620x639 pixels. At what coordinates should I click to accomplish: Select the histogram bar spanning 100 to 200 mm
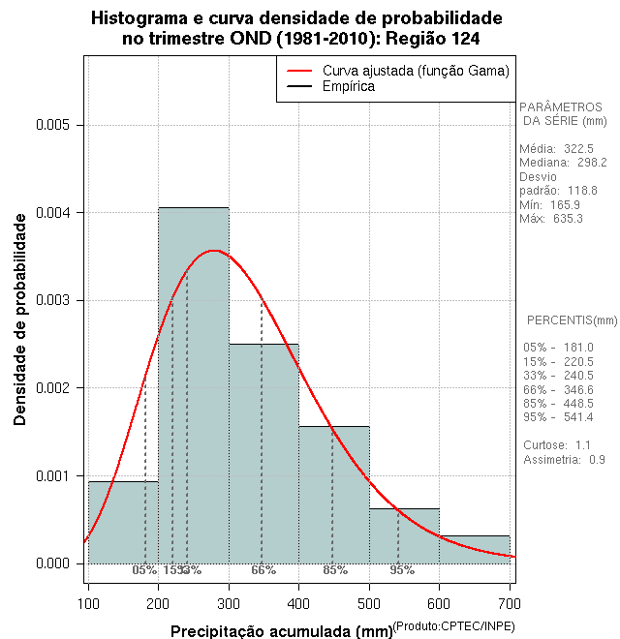[x=123, y=523]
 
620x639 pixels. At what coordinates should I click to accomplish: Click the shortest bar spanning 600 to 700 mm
[x=475, y=549]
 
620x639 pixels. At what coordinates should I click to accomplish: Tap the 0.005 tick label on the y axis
[x=52, y=125]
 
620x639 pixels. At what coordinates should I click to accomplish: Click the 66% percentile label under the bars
[x=263, y=570]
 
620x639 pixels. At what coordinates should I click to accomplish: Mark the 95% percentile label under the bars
[x=402, y=570]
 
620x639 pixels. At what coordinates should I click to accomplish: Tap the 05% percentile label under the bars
[x=144, y=570]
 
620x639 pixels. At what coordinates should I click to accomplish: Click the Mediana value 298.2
[x=589, y=163]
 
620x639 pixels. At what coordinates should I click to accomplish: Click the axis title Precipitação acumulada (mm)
[x=281, y=631]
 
